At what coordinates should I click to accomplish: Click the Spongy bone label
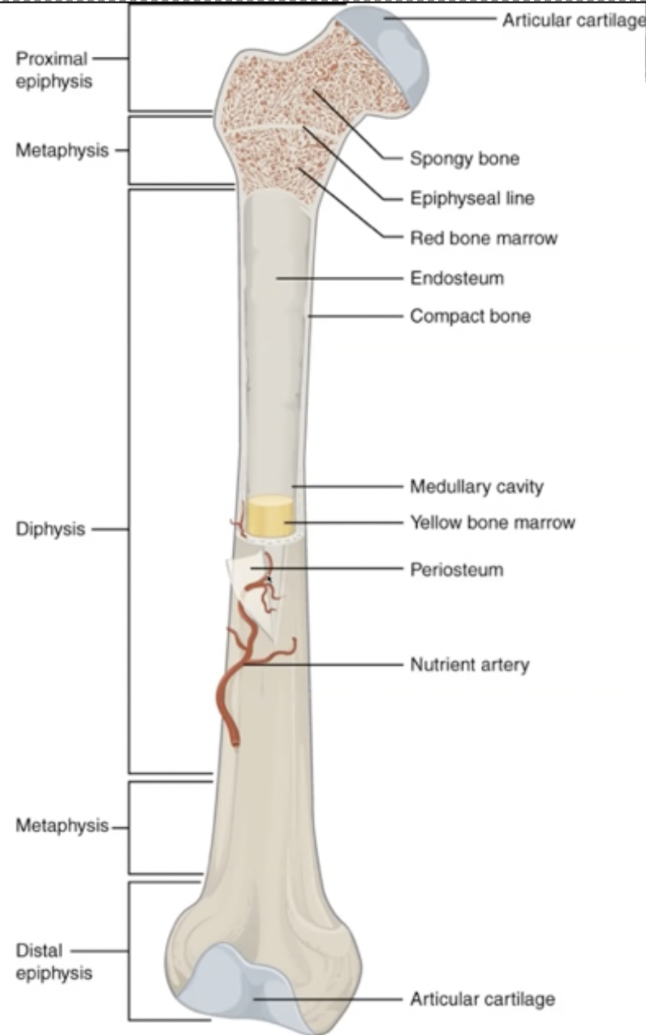coord(464,158)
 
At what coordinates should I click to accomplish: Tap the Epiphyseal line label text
coord(472,198)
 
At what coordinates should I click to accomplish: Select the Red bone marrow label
coord(483,238)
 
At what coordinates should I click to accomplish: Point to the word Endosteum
coord(457,278)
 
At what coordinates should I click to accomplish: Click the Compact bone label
coord(470,316)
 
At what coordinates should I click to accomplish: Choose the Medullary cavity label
coord(476,487)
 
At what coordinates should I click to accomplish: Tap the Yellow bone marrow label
coord(492,522)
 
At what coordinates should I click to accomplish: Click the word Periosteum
coord(456,569)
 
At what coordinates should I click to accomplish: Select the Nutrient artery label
coord(469,665)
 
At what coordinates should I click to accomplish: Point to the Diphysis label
coord(50,530)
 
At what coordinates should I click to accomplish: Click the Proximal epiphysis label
coord(54,70)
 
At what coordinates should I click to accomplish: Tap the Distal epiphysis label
coord(54,961)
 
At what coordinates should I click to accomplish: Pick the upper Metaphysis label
coord(62,151)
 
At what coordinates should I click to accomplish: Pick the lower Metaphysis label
coord(62,826)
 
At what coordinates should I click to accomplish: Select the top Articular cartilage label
coord(573,19)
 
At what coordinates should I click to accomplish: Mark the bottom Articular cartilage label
coord(482,998)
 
